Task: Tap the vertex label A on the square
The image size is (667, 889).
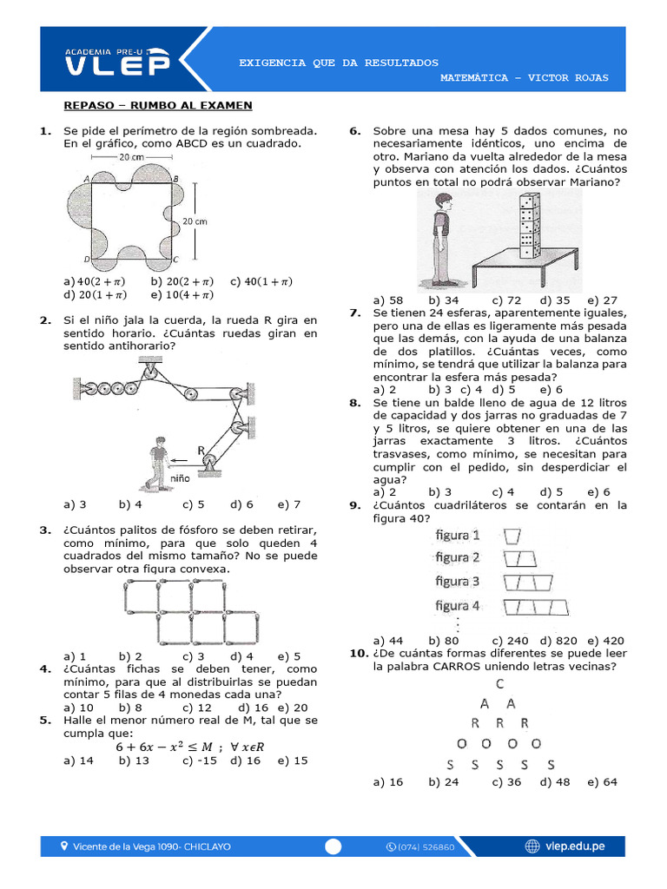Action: click(x=88, y=179)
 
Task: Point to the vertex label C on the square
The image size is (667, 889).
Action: click(x=175, y=259)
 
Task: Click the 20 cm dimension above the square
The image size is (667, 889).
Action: click(x=131, y=157)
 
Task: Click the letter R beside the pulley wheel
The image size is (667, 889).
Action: click(x=201, y=450)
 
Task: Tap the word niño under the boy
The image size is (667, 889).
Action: click(x=180, y=478)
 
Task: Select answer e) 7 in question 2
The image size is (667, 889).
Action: click(x=289, y=504)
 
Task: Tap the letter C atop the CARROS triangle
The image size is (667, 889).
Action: click(x=501, y=684)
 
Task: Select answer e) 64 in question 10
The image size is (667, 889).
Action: click(x=602, y=781)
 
